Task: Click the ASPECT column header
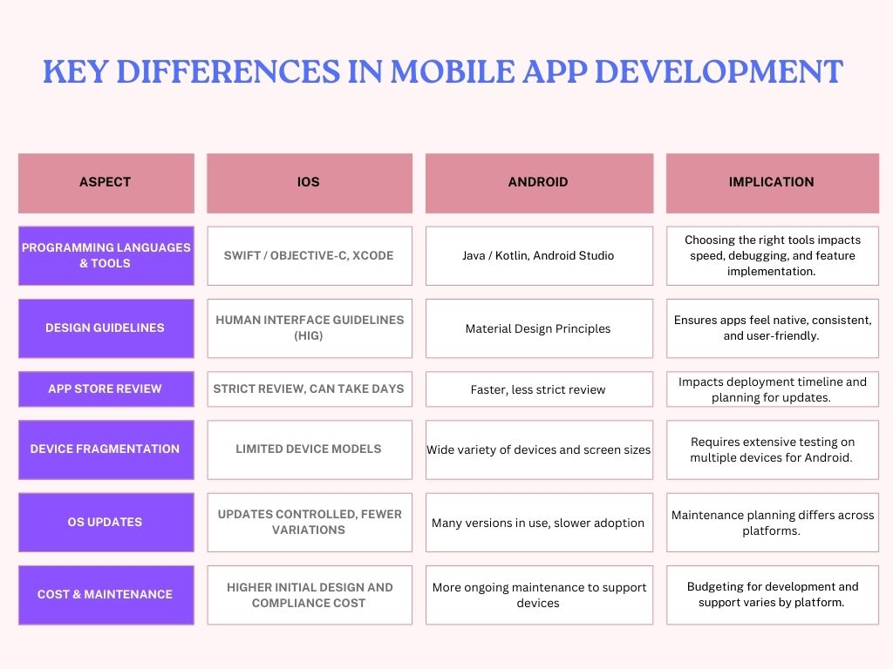(106, 183)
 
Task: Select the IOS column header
(309, 183)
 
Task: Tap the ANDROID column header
(538, 183)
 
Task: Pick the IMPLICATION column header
(772, 183)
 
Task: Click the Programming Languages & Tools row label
(106, 255)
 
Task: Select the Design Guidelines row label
(106, 328)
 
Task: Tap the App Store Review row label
(106, 389)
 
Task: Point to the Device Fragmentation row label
(106, 449)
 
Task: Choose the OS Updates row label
(106, 522)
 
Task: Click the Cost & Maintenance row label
(106, 594)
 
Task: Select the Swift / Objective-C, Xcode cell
(309, 255)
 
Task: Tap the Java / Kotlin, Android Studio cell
(538, 255)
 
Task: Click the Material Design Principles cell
(538, 328)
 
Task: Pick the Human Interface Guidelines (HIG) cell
(309, 328)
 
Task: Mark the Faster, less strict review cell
(538, 389)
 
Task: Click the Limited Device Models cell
(309, 449)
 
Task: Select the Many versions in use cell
(538, 523)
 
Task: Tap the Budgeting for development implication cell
(772, 594)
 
